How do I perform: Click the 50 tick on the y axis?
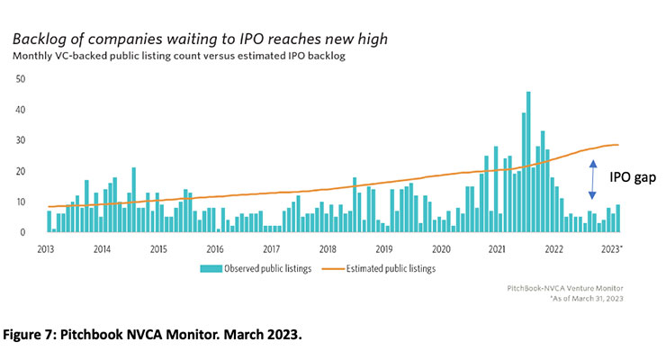click(x=21, y=79)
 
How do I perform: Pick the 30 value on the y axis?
click(x=21, y=140)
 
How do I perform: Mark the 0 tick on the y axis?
click(x=23, y=232)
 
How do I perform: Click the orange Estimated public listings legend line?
click(x=345, y=268)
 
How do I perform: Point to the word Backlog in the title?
click(x=42, y=40)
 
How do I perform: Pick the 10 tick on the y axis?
click(x=21, y=202)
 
